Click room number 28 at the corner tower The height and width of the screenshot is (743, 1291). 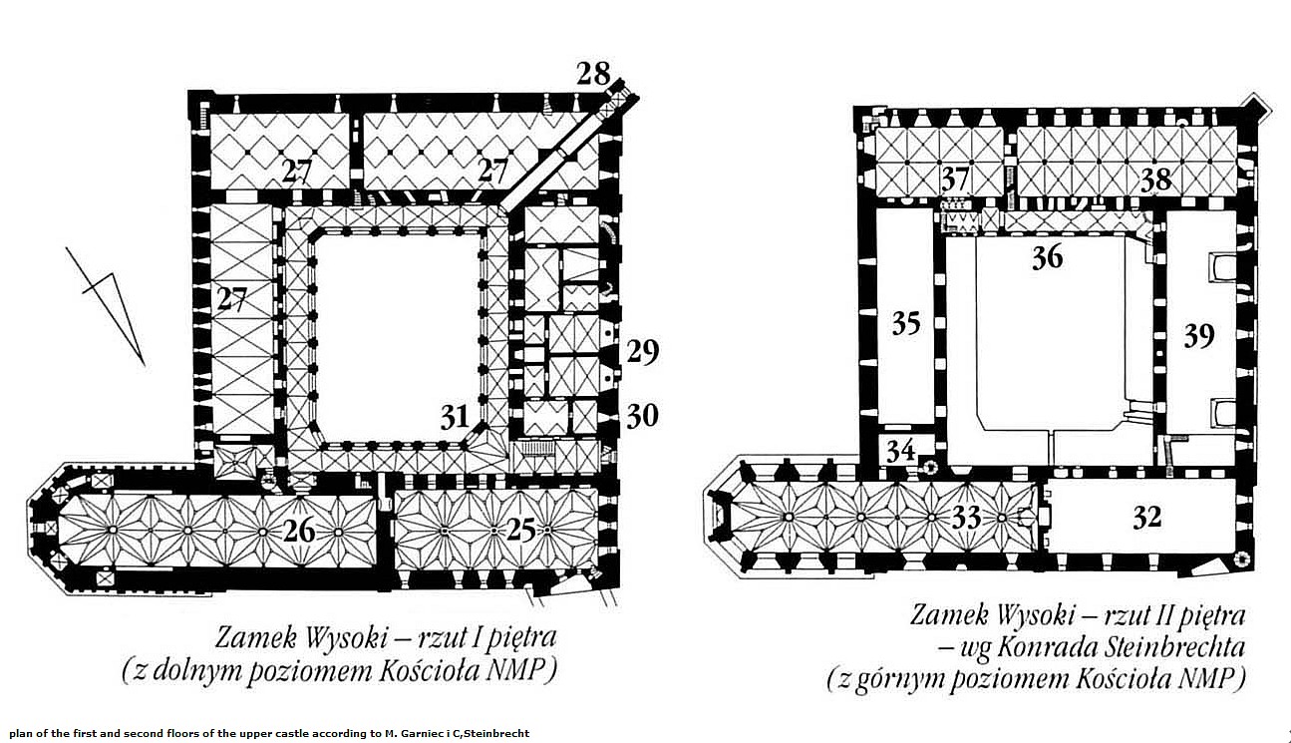[x=593, y=74]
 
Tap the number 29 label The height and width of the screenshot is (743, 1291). [x=643, y=352]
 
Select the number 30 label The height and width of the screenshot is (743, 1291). [x=643, y=416]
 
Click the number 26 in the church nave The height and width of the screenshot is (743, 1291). [x=299, y=531]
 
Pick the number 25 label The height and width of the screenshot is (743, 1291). [x=521, y=530]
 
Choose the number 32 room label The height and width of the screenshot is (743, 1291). [x=1146, y=517]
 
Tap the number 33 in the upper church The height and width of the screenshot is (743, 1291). [x=966, y=517]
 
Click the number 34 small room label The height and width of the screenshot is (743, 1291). [x=901, y=450]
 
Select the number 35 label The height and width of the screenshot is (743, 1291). [x=906, y=323]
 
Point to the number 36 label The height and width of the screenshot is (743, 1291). [x=1048, y=257]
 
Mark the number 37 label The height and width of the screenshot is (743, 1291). [x=956, y=179]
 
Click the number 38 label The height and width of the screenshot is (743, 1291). [x=1156, y=180]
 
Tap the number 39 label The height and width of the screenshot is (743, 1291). [x=1199, y=335]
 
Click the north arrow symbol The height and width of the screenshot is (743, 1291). [x=111, y=304]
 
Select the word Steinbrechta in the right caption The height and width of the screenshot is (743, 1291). [x=1174, y=647]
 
